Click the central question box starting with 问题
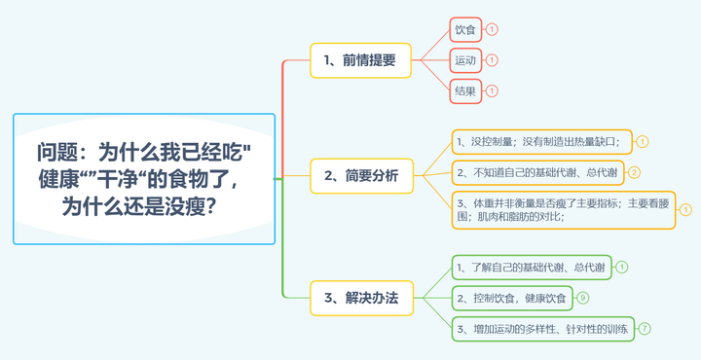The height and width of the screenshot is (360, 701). click(144, 179)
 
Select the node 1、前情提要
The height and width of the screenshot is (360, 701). click(360, 59)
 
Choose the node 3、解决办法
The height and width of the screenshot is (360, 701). click(360, 298)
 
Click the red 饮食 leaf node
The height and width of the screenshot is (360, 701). click(465, 29)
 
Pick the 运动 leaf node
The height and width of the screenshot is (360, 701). click(465, 60)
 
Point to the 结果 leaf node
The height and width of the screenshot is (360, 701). click(465, 90)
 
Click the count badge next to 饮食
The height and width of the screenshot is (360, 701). click(492, 29)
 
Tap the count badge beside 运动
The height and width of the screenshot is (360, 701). click(492, 60)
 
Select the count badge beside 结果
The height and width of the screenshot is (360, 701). click(492, 90)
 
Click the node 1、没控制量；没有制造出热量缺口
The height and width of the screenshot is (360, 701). click(541, 142)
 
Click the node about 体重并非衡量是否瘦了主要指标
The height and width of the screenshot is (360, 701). click(563, 209)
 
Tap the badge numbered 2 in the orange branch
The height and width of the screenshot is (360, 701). click(634, 173)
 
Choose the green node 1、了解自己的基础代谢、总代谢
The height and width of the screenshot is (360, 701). click(531, 267)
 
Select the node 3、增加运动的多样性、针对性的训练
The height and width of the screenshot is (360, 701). click(542, 329)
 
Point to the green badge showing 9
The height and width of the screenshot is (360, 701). click(583, 298)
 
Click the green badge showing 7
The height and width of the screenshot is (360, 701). click(645, 329)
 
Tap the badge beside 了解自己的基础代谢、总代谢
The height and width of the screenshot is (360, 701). click(622, 267)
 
